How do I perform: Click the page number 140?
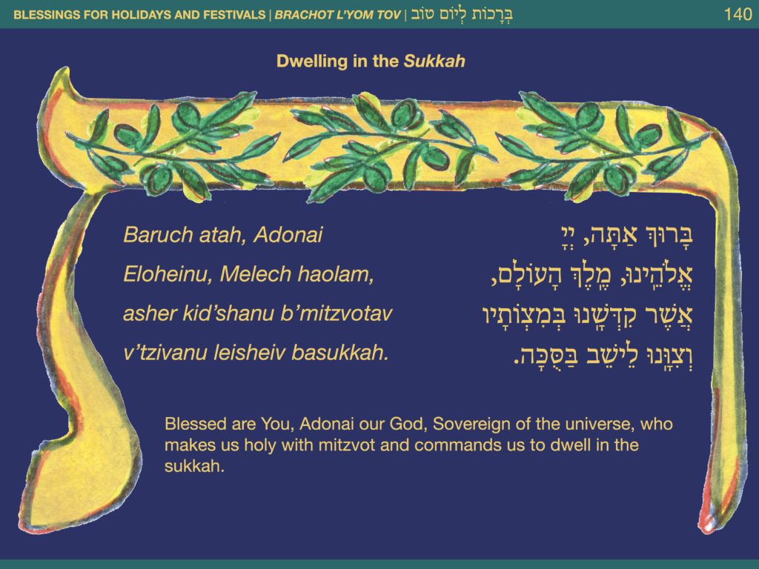738,15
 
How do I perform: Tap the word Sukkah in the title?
434,61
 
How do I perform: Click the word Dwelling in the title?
312,62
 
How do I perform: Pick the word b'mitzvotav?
337,313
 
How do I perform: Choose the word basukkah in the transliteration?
339,353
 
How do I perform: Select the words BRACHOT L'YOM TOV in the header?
338,15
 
